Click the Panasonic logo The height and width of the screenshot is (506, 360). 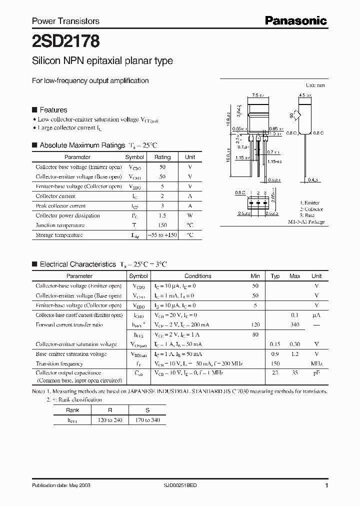[295, 20]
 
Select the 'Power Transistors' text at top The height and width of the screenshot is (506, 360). [65, 21]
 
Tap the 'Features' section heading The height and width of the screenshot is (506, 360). [53, 110]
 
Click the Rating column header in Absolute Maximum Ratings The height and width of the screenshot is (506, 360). [162, 157]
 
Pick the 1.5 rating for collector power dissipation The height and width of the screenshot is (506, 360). [162, 215]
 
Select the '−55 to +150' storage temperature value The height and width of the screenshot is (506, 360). [162, 235]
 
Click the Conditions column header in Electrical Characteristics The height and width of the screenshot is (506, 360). [197, 276]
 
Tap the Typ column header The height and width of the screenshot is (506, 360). [275, 276]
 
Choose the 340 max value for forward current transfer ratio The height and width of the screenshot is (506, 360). [295, 324]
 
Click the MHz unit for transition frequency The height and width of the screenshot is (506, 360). [316, 363]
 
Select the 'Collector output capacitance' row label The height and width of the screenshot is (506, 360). [68, 373]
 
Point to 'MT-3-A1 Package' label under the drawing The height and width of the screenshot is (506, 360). [306, 221]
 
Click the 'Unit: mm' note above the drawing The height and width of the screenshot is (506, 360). [315, 85]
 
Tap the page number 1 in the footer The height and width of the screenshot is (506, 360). [326, 485]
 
